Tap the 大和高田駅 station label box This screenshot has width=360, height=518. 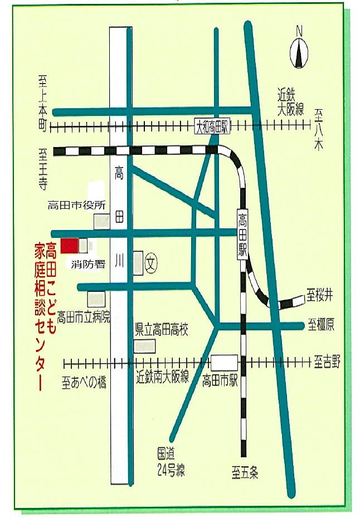(213, 126)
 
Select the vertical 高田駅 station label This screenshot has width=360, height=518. (242, 233)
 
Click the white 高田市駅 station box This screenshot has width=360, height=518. (224, 363)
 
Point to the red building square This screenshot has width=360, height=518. (69, 245)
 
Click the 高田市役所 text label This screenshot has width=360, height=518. (76, 204)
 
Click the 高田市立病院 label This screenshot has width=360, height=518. (84, 317)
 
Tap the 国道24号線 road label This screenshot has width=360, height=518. (171, 463)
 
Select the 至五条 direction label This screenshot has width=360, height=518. (246, 473)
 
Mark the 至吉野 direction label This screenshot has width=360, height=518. (327, 363)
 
